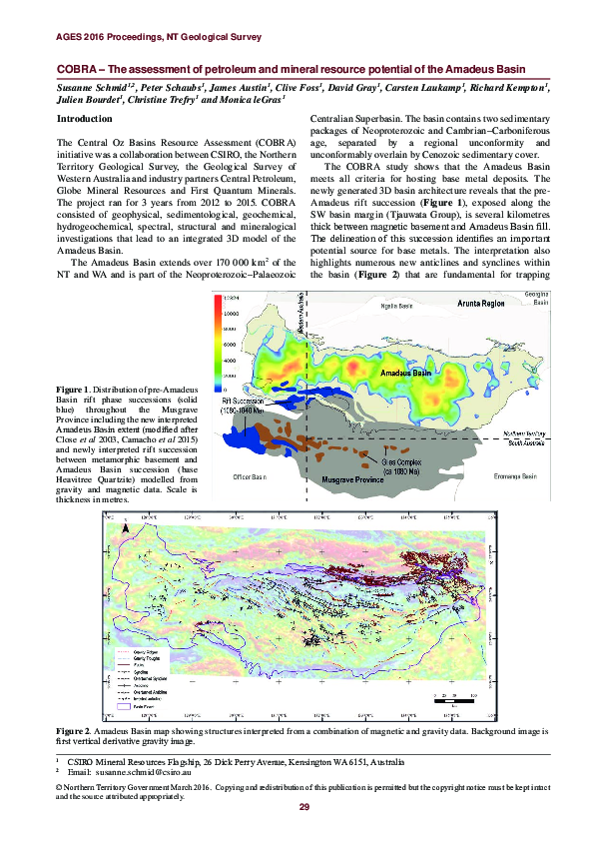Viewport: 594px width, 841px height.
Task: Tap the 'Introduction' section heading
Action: pos(85,118)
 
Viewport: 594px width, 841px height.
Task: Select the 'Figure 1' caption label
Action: pos(74,389)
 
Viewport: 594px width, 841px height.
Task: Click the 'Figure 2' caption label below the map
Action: pos(74,732)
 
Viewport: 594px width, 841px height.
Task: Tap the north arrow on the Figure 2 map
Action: pos(490,521)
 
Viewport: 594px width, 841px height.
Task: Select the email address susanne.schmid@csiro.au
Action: pos(148,772)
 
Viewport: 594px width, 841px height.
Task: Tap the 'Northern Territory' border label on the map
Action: pos(521,432)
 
